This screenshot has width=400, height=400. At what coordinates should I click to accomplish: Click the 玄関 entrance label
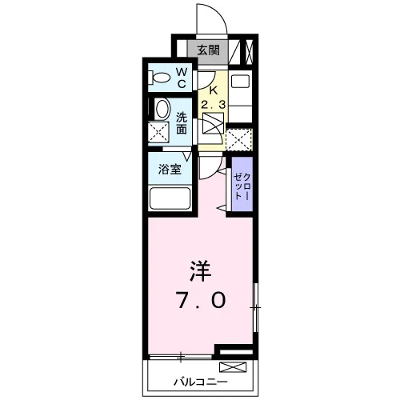(208, 50)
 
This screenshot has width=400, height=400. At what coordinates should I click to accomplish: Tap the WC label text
(182, 78)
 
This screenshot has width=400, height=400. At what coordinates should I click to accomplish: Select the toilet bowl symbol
(159, 78)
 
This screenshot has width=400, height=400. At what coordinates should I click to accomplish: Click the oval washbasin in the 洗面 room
(162, 109)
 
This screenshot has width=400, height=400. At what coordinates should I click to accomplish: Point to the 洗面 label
(182, 123)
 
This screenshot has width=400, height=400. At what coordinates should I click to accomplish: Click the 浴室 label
(170, 169)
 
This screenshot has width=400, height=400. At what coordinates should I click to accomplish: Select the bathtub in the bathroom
(170, 198)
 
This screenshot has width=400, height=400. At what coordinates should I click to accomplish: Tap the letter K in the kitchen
(213, 90)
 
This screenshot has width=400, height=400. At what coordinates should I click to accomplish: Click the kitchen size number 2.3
(214, 104)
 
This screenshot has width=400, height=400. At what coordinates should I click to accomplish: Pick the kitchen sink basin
(240, 81)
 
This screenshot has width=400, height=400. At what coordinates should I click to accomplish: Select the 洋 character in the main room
(200, 271)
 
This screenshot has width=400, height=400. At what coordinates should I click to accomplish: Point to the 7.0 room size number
(202, 300)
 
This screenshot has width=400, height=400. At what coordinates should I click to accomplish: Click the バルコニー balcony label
(201, 382)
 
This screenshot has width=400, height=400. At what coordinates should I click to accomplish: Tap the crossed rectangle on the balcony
(233, 367)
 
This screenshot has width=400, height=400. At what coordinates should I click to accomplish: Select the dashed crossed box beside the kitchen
(239, 139)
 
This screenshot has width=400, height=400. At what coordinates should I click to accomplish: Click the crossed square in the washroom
(158, 132)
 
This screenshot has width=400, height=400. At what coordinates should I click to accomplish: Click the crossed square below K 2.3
(213, 123)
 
